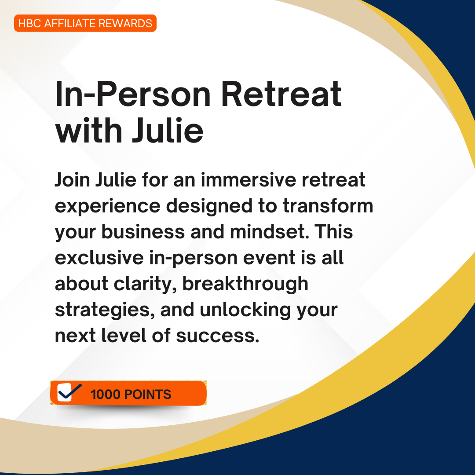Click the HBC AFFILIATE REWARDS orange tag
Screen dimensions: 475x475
[85, 23]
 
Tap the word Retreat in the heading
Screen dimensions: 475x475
[281, 94]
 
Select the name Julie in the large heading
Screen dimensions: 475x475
[168, 130]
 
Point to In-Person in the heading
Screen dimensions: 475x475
[133, 94]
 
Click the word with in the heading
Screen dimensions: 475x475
[89, 130]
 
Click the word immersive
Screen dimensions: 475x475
[248, 180]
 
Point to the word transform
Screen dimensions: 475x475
[328, 206]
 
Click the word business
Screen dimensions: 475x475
[143, 232]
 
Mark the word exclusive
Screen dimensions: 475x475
[99, 258]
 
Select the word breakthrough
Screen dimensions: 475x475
[245, 285]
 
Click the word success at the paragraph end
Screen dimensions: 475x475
[218, 336]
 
